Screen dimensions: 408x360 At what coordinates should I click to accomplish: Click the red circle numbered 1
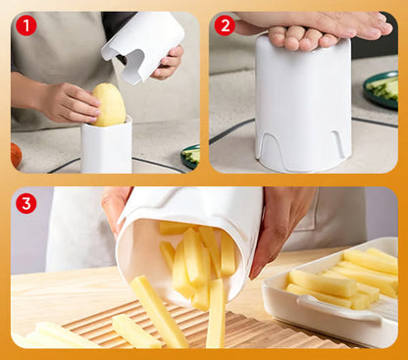point(26,26)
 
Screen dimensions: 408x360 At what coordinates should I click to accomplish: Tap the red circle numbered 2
point(226,26)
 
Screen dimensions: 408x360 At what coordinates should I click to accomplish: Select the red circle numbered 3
point(26,203)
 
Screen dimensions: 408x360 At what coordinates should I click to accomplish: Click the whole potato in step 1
point(110,105)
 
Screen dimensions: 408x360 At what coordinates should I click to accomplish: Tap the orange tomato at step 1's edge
point(16,155)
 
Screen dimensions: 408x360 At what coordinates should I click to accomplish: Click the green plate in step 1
point(190,156)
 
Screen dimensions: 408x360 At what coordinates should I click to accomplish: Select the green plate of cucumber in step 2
point(382,89)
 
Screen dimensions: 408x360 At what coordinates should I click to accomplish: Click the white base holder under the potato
point(106,145)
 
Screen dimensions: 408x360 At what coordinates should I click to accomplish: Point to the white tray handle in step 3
point(338,307)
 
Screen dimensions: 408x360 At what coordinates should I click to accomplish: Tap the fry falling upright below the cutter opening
point(216,313)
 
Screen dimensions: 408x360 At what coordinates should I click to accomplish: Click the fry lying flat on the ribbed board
point(135,331)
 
